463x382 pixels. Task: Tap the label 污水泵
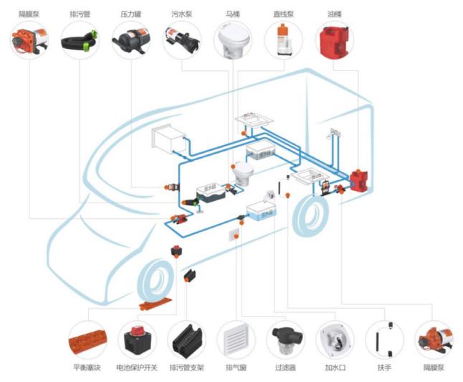click(182, 14)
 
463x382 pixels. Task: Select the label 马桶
click(233, 14)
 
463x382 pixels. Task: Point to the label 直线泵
click(284, 14)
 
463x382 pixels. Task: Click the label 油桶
click(335, 14)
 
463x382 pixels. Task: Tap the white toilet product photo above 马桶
click(233, 39)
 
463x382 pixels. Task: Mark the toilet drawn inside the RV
click(242, 173)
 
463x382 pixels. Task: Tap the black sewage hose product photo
click(80, 40)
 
